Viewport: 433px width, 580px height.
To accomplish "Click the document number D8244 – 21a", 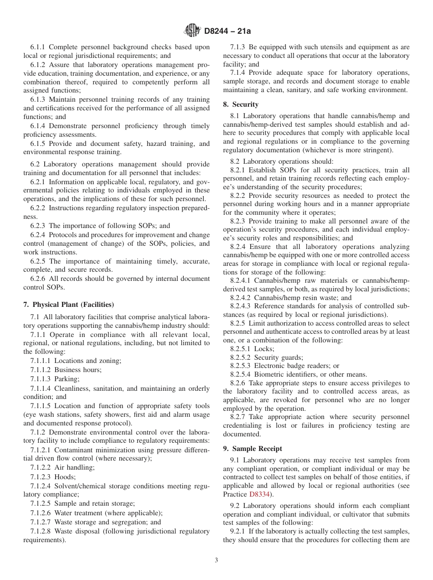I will [227, 31].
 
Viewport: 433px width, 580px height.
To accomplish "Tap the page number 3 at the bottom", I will [216, 560].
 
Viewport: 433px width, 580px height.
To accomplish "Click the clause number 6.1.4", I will [38, 126].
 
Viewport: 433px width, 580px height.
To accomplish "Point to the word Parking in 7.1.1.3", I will [67, 379].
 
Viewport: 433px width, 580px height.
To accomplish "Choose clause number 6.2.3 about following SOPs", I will [38, 226].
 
